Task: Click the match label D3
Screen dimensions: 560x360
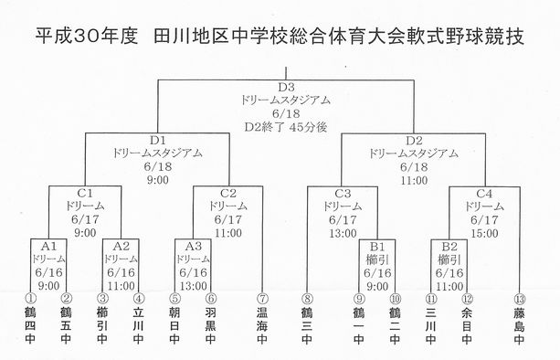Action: coord(286,87)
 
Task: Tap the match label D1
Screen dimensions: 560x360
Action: coord(157,141)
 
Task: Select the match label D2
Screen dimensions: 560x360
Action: coord(414,141)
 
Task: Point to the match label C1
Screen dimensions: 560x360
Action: coord(85,193)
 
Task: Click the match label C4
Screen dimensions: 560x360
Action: coord(484,194)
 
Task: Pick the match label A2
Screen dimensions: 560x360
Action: coord(122,246)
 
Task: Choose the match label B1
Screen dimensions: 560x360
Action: coord(377,247)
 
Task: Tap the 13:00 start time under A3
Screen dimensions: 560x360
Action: coord(194,286)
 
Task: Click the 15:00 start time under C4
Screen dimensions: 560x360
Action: coord(484,233)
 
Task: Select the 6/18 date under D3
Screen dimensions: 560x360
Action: coord(286,113)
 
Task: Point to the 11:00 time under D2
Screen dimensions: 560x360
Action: coord(414,180)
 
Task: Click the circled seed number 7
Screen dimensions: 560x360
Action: coord(262,299)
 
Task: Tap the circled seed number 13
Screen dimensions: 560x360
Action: coord(520,299)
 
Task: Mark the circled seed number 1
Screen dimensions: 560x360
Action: coord(31,299)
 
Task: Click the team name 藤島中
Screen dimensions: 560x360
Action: coord(520,325)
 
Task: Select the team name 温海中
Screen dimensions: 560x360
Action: coord(262,325)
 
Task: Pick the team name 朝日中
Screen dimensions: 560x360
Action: coord(174,325)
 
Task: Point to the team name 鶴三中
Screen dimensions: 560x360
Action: coord(307,325)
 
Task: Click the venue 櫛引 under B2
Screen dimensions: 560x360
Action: coord(449,259)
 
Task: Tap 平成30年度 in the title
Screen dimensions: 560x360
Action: coord(87,37)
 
